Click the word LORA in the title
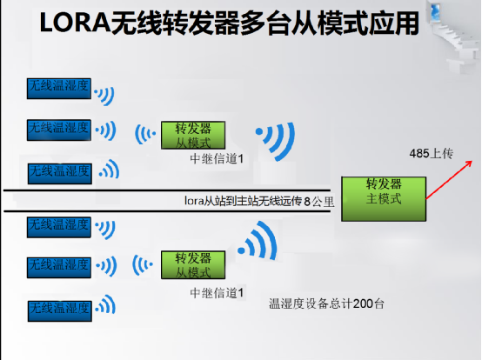75,23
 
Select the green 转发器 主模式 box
384,199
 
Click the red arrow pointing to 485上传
449,180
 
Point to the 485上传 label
431,153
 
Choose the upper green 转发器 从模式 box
193,135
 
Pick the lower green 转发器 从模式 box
193,264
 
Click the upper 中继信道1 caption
217,159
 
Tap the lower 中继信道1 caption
217,293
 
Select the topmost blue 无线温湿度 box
59,89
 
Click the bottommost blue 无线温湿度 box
60,311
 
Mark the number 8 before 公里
307,202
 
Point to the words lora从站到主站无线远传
243,201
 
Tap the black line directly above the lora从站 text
167,190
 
